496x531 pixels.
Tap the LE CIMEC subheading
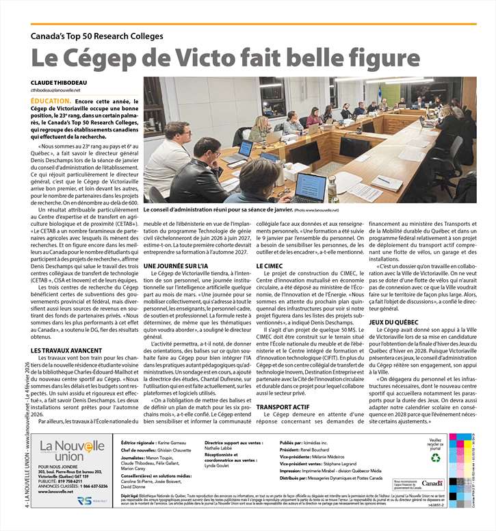pyautogui.click(x=270, y=265)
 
